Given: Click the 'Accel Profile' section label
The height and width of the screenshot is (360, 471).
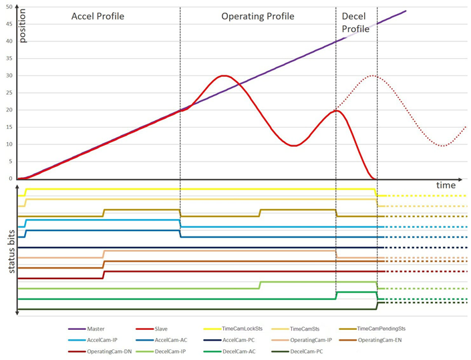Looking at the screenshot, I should pyautogui.click(x=98, y=15).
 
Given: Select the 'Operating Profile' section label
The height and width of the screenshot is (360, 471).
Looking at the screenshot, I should pyautogui.click(x=258, y=15).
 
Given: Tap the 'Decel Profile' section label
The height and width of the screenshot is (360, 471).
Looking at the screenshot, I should pyautogui.click(x=355, y=22).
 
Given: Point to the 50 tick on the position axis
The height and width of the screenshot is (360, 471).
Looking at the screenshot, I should pyautogui.click(x=9, y=7).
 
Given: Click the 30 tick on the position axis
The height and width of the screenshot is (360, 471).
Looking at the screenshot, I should pyautogui.click(x=9, y=75).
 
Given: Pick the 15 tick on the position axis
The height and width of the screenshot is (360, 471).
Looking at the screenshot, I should pyautogui.click(x=9, y=127).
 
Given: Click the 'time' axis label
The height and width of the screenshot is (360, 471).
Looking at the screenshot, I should pyautogui.click(x=446, y=184).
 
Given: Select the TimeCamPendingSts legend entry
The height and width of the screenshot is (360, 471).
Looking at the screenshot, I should pyautogui.click(x=381, y=329).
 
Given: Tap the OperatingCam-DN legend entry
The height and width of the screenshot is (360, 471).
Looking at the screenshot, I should pyautogui.click(x=108, y=351).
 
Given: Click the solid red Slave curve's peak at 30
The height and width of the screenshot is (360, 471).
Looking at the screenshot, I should pyautogui.click(x=224, y=75).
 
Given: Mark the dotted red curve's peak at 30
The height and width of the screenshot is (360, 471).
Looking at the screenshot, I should pyautogui.click(x=374, y=75).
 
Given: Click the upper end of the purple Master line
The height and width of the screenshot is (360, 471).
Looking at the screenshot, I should pyautogui.click(x=406, y=11).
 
